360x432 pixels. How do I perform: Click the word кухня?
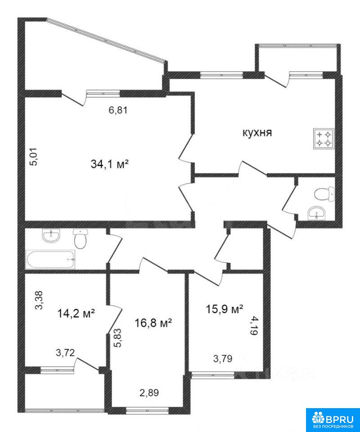(257, 133)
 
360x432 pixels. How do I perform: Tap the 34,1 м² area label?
(110, 165)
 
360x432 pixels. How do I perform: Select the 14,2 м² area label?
(76, 313)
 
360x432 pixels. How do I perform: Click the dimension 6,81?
(118, 111)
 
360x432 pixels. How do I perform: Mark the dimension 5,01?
(36, 157)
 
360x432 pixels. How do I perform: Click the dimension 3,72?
(65, 352)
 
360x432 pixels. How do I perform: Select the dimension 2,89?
(149, 392)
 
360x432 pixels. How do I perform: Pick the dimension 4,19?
(254, 325)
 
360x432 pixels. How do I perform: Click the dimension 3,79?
(223, 359)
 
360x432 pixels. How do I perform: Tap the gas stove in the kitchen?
(324, 139)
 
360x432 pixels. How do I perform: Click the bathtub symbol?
(50, 260)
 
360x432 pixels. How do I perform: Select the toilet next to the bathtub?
(81, 239)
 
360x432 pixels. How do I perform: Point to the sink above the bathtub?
(51, 236)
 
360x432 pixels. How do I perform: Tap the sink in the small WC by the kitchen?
(316, 213)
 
